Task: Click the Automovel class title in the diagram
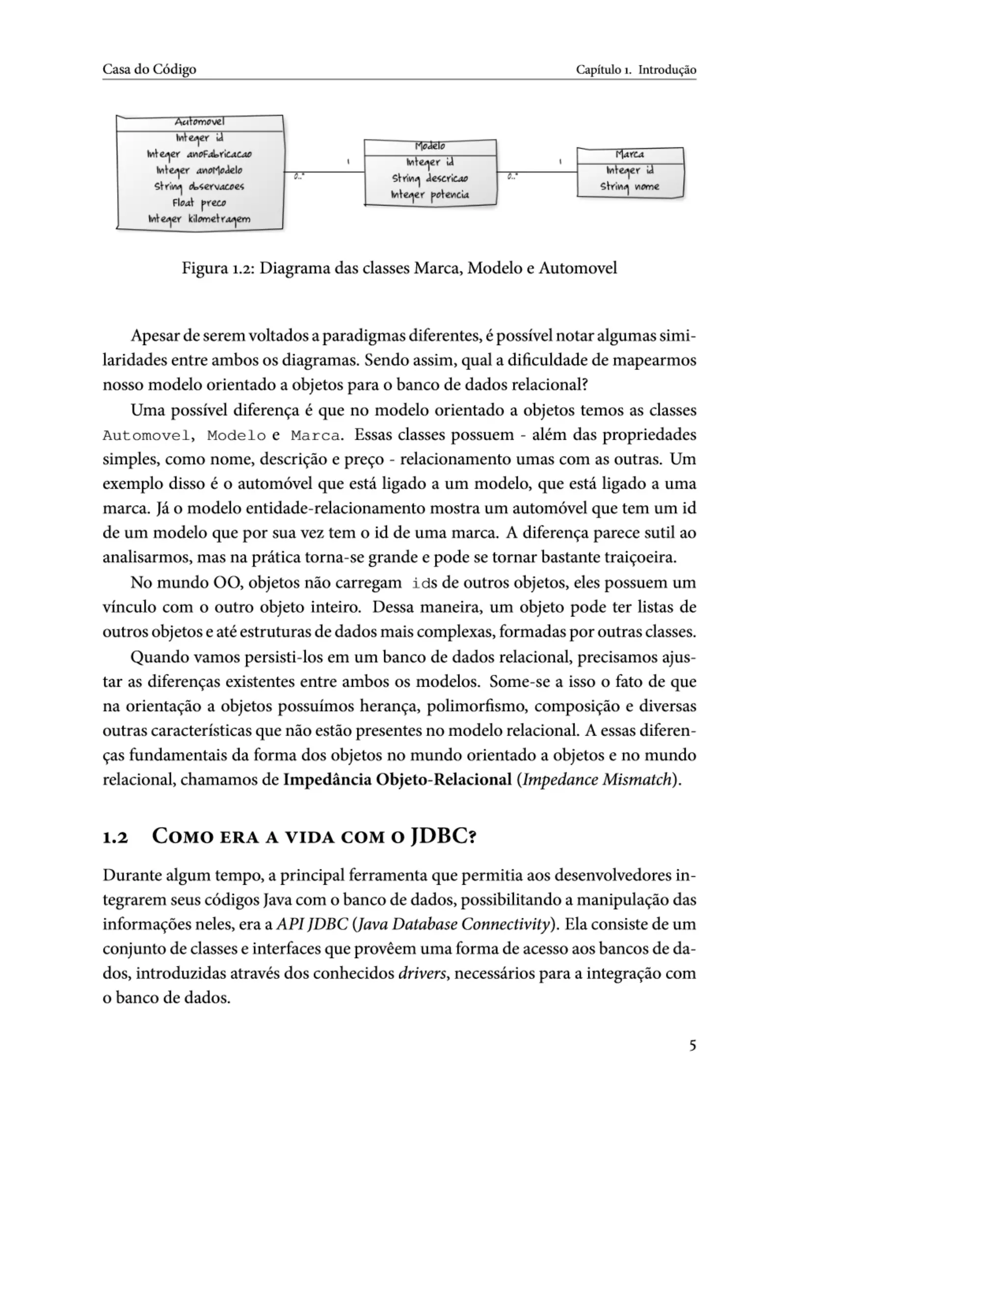pos(199,122)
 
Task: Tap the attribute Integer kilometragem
pos(199,219)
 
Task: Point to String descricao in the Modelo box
pos(430,178)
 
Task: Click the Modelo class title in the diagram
pos(430,146)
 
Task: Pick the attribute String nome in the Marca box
pos(630,187)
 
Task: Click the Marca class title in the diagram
pos(630,154)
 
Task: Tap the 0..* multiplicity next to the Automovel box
pos(299,177)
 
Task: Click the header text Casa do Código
pos(150,69)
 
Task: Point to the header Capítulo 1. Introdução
pos(635,70)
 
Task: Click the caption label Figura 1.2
pos(218,268)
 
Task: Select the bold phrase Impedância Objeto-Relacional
pos(397,780)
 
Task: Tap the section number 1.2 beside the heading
pos(115,838)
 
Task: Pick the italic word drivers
pos(422,974)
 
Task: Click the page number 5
pos(692,1045)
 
